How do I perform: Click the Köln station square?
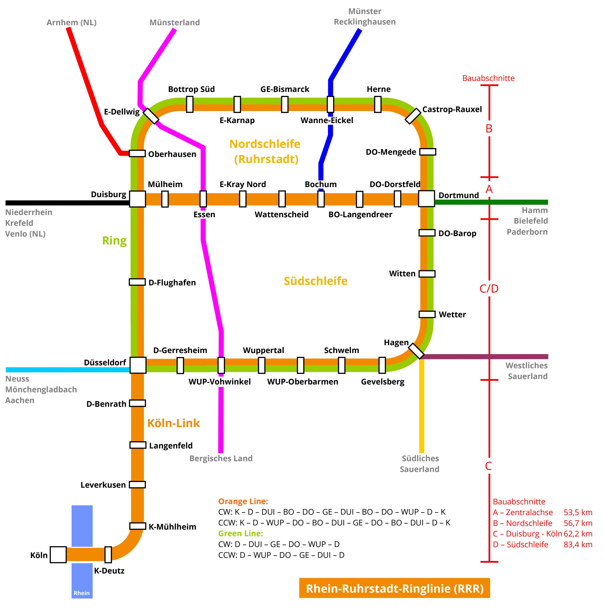(x=58, y=554)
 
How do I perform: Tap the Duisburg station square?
(x=138, y=199)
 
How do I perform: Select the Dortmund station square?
(x=426, y=199)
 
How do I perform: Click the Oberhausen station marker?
(x=137, y=153)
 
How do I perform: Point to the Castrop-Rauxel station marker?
(x=413, y=116)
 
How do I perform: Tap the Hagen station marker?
(x=416, y=351)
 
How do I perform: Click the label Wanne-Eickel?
(x=327, y=120)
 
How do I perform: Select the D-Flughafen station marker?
(x=137, y=282)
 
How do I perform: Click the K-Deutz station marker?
(x=108, y=554)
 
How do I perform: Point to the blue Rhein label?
(x=82, y=593)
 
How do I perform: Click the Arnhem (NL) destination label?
(x=72, y=23)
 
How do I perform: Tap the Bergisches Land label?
(x=221, y=458)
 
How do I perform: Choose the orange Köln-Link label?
(x=173, y=423)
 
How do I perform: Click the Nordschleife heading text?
(x=265, y=144)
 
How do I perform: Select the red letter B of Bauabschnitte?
(x=489, y=129)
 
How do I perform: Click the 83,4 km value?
(x=578, y=544)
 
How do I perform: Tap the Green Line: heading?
(x=240, y=534)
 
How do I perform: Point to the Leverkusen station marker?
(x=137, y=484)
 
